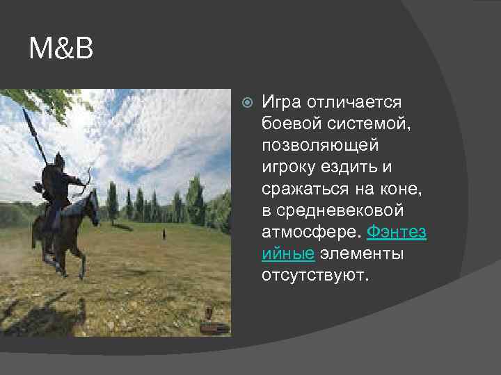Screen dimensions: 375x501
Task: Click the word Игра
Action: click(282, 103)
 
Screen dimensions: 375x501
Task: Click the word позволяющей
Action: click(319, 147)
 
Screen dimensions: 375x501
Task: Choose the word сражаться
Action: click(301, 189)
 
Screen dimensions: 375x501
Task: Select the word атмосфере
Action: click(310, 232)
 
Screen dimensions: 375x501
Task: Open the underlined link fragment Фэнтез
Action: click(396, 232)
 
